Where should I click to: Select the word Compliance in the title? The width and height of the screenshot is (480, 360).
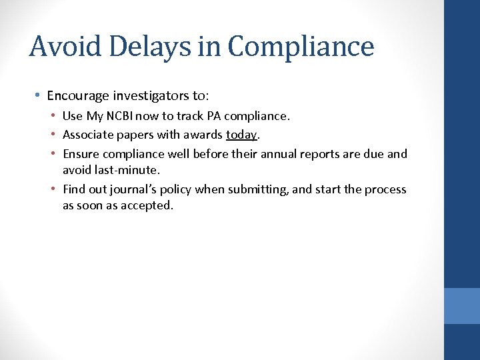tap(301, 47)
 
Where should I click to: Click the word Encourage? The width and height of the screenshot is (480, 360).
tap(76, 95)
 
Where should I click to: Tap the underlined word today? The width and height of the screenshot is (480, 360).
tap(241, 135)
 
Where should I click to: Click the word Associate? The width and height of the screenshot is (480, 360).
tap(89, 135)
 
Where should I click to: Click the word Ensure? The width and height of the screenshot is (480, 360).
tap(81, 155)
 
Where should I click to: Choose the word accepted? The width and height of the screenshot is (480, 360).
tap(145, 205)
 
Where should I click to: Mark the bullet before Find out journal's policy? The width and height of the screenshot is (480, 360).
tap(53, 189)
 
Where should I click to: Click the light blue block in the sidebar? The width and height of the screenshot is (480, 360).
tap(462, 305)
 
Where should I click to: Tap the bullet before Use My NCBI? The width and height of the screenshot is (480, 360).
tap(53, 116)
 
